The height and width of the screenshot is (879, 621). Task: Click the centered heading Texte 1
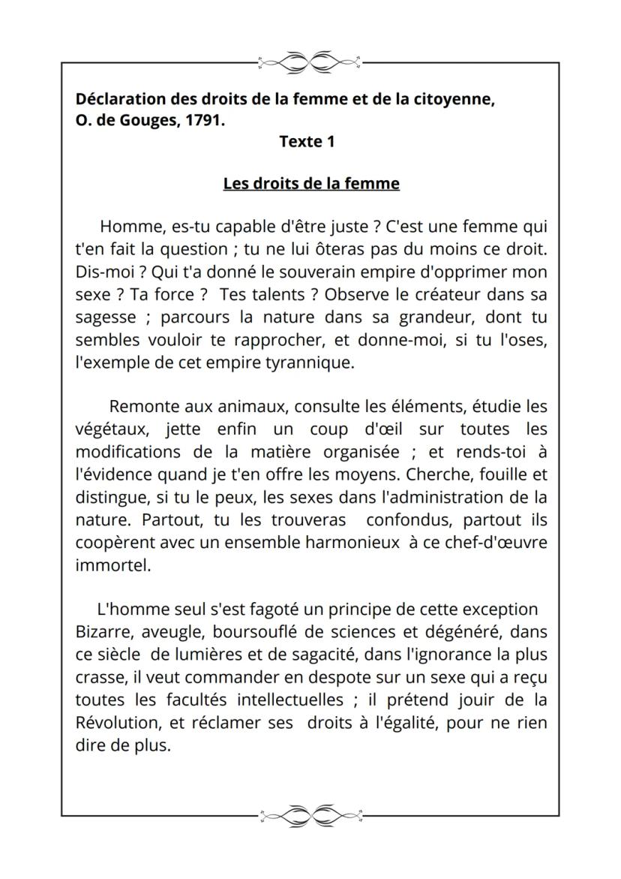coord(307,141)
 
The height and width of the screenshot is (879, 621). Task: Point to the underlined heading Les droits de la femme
coord(311,183)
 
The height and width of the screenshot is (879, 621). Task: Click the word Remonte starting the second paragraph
coord(144,407)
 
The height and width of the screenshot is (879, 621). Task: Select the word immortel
coord(112,565)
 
